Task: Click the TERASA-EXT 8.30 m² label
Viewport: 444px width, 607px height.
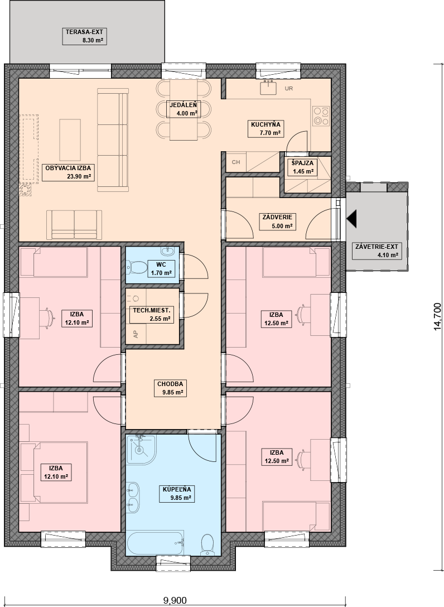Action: coord(84,36)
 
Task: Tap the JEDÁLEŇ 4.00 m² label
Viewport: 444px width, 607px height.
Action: coord(183,109)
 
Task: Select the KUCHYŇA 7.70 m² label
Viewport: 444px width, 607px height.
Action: coord(266,128)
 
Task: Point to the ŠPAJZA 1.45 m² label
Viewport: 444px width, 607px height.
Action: coord(303,167)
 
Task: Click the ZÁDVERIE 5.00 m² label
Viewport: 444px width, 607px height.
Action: coord(277,221)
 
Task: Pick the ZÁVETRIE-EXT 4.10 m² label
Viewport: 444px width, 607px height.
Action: coord(377,251)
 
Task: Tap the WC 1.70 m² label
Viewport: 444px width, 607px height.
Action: coord(161,269)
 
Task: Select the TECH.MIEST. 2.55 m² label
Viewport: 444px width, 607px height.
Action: coord(151,314)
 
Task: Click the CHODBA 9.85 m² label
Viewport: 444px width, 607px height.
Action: coord(170,388)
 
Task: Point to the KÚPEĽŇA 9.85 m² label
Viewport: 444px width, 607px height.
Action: coord(177,494)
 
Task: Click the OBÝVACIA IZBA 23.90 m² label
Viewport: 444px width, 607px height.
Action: coord(68,172)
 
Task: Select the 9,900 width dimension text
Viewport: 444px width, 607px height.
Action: coord(175,600)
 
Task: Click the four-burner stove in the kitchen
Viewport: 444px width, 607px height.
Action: coord(321,116)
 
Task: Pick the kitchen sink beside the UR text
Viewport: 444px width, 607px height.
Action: coord(268,88)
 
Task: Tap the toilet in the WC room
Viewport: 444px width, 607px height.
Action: coord(136,267)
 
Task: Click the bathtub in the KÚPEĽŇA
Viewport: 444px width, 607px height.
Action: coord(155,543)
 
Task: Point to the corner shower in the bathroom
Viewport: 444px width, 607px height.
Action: coord(141,449)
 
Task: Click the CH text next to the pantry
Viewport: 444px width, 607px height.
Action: coord(236,162)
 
